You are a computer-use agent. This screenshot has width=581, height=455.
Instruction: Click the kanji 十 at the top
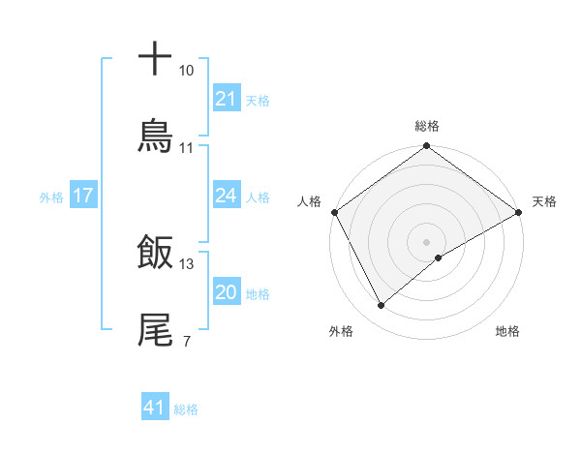point(156,58)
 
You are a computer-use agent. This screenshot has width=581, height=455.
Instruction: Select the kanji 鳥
point(156,135)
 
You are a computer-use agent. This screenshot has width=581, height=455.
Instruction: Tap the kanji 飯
point(156,253)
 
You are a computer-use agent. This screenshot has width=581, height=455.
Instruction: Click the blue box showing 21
point(226,99)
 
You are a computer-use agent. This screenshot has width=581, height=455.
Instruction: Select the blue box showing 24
point(226,196)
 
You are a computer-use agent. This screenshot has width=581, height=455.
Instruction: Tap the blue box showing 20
point(226,293)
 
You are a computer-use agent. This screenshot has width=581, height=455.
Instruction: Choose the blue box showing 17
point(82,196)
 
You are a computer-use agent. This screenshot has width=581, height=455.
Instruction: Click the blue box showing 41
point(154,409)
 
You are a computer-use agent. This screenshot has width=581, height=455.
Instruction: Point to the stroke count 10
point(187,71)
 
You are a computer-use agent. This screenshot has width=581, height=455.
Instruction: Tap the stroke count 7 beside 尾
point(186,342)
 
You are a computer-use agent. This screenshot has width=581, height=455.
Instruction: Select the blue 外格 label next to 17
point(51,197)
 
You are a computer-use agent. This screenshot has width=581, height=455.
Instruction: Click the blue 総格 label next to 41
point(186,409)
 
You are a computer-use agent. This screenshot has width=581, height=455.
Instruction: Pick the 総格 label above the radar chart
point(426,126)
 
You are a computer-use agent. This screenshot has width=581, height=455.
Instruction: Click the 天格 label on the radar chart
point(544,201)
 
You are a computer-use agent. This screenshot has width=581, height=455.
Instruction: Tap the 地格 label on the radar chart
point(507,332)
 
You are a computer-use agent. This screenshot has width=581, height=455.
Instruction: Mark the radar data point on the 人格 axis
point(334,211)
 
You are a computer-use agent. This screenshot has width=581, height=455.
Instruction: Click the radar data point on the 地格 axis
point(439,258)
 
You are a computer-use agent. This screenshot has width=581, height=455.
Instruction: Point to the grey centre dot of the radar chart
point(426,241)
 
